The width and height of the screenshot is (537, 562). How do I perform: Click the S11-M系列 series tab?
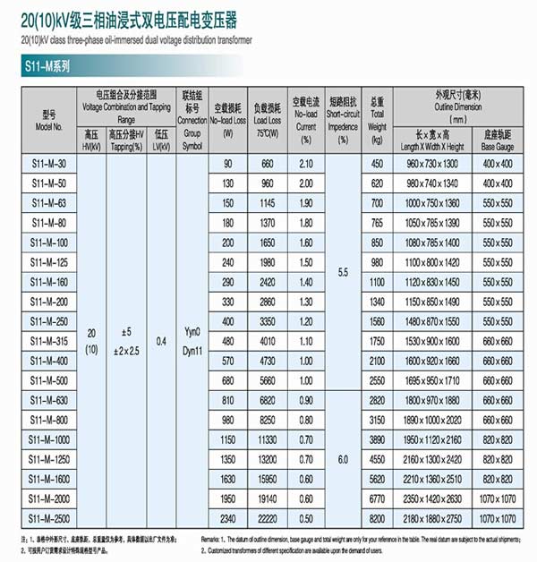47,66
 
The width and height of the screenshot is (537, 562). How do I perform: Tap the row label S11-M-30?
49,164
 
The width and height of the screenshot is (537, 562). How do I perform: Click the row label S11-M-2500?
49,519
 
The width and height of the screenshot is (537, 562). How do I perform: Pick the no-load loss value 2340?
228,519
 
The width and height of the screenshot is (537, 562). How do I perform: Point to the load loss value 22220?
267,519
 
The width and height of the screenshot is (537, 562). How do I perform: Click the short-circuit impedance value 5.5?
343,270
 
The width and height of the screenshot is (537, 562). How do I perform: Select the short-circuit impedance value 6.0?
343,459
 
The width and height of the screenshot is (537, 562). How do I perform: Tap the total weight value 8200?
377,519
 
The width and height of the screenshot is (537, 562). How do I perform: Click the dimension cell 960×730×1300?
431,164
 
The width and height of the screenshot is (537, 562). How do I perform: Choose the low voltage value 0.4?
160,341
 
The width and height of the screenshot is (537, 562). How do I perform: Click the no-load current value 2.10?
306,164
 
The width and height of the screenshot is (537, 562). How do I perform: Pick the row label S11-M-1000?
49,440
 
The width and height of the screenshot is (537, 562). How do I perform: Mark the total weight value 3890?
377,440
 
